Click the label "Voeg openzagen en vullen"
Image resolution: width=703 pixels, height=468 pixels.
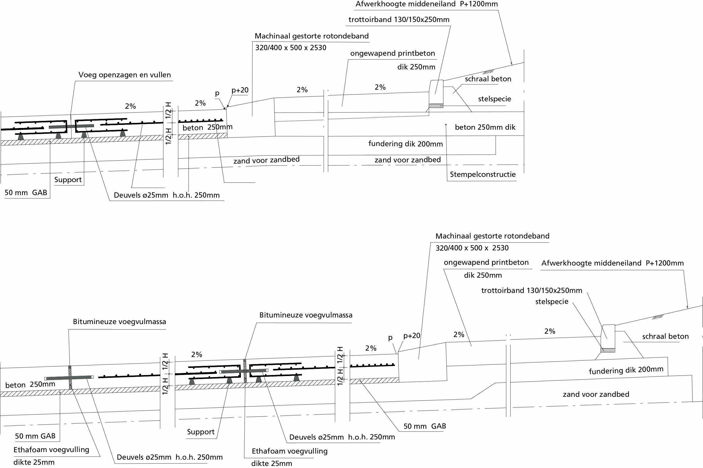[x=124, y=75]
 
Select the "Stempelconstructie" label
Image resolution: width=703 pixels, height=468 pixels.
[x=483, y=175]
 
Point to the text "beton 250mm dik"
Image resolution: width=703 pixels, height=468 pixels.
[x=485, y=127]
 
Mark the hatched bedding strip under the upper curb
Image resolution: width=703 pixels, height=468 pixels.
[x=436, y=106]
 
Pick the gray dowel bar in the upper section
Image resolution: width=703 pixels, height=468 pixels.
[x=71, y=126]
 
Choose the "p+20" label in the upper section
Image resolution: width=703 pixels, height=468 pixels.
[x=240, y=90]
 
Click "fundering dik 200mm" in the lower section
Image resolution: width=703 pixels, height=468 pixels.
[x=626, y=370]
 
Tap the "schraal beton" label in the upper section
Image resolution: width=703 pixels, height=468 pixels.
[x=488, y=79]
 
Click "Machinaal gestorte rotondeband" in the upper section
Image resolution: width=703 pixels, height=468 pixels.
[x=312, y=36]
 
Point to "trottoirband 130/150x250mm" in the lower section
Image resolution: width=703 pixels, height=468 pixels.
[x=531, y=290]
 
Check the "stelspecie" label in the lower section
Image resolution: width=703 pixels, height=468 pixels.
[x=552, y=302]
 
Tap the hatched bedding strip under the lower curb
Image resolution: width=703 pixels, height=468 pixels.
[x=608, y=350]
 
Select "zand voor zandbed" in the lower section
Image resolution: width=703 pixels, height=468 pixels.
[x=596, y=394]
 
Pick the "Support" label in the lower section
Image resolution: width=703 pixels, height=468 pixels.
[x=201, y=432]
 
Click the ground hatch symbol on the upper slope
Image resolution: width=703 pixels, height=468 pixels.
[x=488, y=72]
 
